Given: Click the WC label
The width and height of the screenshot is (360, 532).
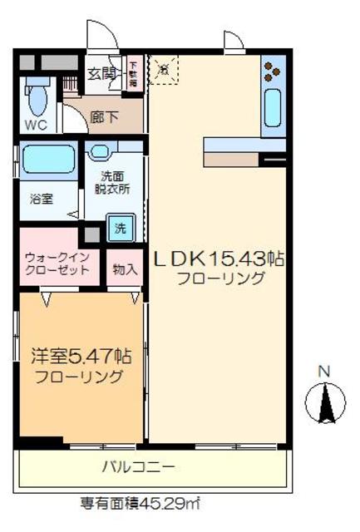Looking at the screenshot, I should pyautogui.click(x=35, y=126).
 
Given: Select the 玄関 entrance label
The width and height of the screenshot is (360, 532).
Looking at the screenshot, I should pyautogui.click(x=101, y=72).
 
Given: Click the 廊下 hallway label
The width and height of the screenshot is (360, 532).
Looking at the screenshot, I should pyautogui.click(x=104, y=117).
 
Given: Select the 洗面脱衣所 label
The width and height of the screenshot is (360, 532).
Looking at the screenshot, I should pyautogui.click(x=114, y=182).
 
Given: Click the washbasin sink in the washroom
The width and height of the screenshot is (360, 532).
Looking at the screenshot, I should pyautogui.click(x=101, y=152).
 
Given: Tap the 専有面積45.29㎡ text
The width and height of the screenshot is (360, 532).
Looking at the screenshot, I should pyautogui.click(x=139, y=503).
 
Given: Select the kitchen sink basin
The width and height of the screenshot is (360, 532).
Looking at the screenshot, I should pyautogui.click(x=272, y=106).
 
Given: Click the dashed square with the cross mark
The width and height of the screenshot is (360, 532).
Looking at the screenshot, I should pyautogui.click(x=164, y=70).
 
